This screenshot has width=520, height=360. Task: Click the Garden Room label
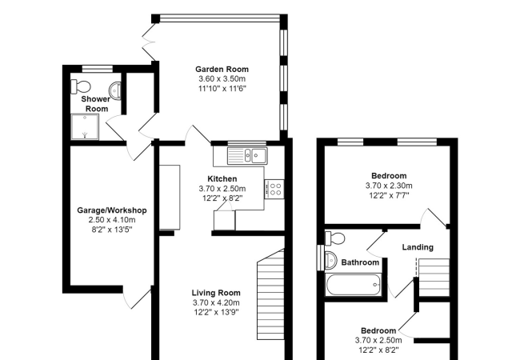point(222,70)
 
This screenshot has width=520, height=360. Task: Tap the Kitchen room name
point(222,179)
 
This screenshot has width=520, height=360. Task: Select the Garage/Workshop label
point(112,210)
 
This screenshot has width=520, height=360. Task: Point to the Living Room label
point(216,293)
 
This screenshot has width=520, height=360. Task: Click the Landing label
point(418,247)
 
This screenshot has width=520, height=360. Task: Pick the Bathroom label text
point(360,262)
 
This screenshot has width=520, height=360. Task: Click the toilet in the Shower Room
point(81,87)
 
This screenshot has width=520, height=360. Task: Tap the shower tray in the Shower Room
point(85,127)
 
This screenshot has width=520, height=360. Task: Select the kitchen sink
point(247,155)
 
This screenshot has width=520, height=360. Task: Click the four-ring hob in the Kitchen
point(274,190)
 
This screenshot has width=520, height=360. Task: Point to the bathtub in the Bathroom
point(354,285)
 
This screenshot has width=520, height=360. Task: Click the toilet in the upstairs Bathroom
point(335,238)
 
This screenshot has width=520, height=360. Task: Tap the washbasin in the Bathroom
point(330,259)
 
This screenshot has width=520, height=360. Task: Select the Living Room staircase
point(270,294)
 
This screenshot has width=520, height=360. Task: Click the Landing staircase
point(434,278)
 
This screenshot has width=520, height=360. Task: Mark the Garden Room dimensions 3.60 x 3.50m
point(222,79)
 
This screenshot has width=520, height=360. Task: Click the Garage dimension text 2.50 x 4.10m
point(112,220)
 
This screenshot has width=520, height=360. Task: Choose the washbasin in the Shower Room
point(115,90)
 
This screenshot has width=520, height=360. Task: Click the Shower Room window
point(98,69)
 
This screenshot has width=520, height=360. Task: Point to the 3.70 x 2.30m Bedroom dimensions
point(389,186)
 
